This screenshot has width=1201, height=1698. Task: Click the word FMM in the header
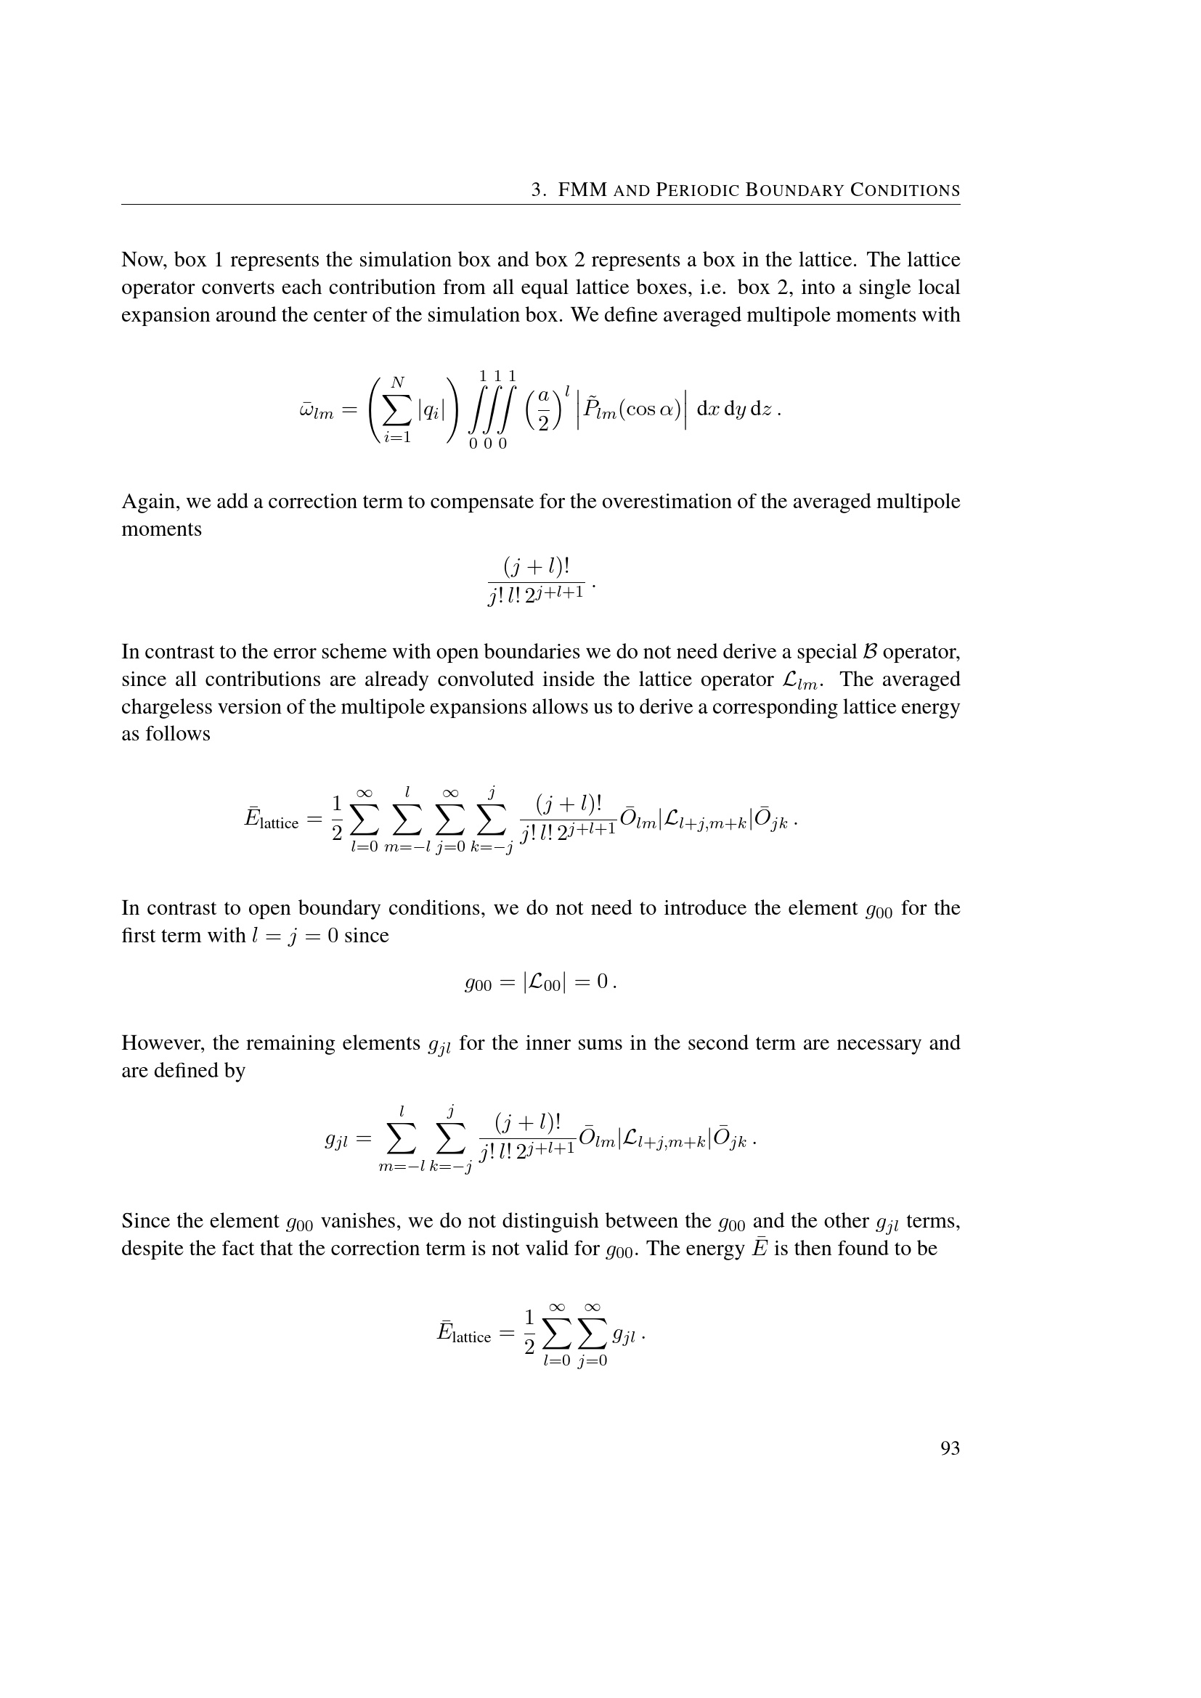pos(582,191)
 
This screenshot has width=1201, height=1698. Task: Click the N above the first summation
pos(398,383)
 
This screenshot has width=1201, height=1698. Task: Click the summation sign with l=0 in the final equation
pos(556,1334)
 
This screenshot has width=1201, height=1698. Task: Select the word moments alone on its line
pos(161,528)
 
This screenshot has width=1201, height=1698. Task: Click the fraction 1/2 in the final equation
pos(528,1333)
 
